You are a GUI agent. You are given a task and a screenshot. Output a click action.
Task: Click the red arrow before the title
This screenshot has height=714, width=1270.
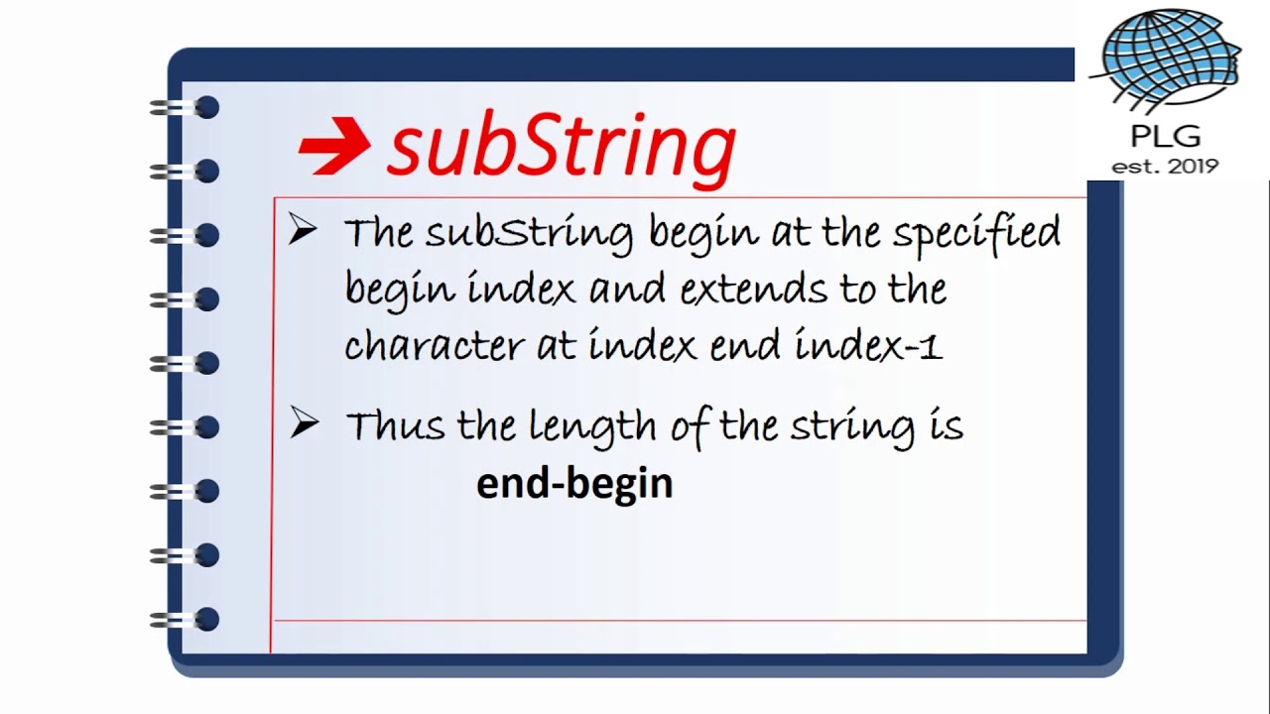click(333, 147)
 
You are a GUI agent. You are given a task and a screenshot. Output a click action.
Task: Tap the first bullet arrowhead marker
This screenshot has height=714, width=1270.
click(303, 230)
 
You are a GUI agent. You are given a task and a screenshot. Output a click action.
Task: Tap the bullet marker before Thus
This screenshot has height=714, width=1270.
click(303, 423)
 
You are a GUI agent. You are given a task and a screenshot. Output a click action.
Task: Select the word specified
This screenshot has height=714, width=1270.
click(976, 234)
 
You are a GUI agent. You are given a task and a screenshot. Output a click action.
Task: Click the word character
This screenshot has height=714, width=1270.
click(433, 345)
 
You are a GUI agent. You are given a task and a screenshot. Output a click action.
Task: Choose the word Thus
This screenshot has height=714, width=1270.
click(394, 426)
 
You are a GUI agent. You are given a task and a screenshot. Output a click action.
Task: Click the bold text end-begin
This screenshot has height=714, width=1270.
click(574, 484)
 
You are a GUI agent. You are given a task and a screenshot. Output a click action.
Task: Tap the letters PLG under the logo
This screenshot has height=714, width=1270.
click(1165, 137)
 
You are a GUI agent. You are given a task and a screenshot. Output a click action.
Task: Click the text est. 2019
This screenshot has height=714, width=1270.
click(1165, 167)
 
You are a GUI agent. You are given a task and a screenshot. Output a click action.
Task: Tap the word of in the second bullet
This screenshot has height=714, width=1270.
click(691, 426)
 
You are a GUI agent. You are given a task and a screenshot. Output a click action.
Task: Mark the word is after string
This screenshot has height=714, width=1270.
click(947, 426)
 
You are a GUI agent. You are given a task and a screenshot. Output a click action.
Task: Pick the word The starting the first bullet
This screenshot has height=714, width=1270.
click(378, 234)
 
